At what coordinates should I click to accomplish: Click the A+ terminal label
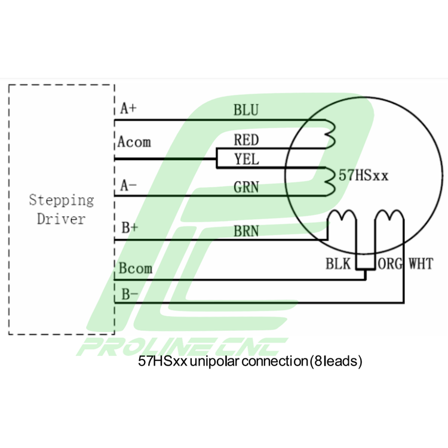pos(128,109)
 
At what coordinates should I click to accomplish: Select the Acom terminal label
pos(134,142)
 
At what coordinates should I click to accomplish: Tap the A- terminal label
pos(128,186)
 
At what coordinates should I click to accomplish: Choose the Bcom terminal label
pos(135,268)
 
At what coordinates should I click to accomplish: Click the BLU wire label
pos(246,110)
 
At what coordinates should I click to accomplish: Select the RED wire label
pos(246,140)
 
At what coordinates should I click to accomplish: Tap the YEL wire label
pos(246,159)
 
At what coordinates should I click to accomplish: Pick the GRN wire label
pos(246,187)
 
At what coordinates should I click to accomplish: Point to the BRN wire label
pos(246,230)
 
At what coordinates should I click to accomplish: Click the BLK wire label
pos(339,263)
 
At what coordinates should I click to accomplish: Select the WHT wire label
pos(421,263)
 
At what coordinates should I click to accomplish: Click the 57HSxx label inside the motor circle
pos(364,176)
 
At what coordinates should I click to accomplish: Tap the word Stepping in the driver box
pos(62,200)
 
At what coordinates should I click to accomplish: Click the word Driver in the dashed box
pos(61,219)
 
